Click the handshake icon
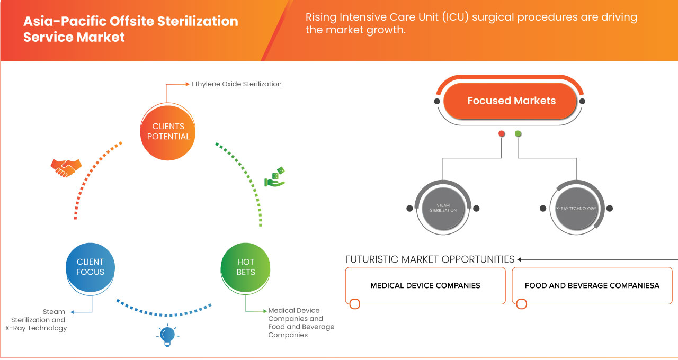[66, 167]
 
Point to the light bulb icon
[167, 335]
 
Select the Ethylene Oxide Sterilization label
[236, 84]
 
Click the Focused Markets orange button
[511, 101]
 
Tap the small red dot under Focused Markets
[502, 134]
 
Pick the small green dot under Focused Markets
[518, 134]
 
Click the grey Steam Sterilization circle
[442, 208]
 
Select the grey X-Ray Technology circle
[576, 208]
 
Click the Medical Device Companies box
[425, 285]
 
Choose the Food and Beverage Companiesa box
[592, 285]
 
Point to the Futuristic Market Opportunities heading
[430, 259]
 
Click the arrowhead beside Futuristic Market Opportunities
[520, 259]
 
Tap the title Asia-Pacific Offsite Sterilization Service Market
[130, 29]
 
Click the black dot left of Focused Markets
[436, 101]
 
